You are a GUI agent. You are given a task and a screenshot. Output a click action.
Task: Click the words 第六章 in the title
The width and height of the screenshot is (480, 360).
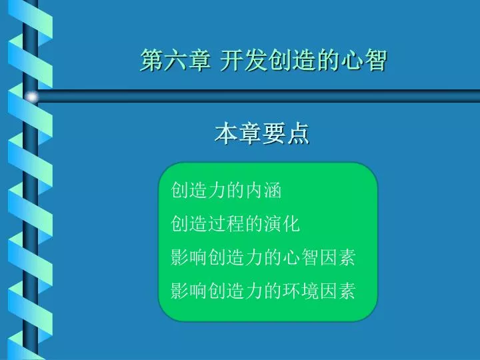[175, 60]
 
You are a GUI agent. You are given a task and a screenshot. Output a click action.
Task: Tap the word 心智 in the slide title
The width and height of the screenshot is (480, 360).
[364, 60]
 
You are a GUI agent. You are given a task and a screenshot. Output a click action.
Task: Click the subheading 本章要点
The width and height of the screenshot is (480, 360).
[262, 133]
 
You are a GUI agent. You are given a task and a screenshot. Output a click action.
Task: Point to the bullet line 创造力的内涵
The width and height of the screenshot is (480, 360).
[226, 190]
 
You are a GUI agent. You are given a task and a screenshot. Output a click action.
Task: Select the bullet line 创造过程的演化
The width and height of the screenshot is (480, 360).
[235, 223]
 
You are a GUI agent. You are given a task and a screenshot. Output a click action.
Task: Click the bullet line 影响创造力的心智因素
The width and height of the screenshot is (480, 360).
[263, 257]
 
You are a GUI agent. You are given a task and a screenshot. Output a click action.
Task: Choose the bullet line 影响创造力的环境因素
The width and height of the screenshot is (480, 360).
[263, 290]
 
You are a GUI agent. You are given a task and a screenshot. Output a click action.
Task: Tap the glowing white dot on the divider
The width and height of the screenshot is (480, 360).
[32, 97]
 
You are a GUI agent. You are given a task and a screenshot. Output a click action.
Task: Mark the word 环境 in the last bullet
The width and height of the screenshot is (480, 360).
[300, 290]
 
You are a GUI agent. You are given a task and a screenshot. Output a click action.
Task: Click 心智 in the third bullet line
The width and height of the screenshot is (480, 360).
[300, 257]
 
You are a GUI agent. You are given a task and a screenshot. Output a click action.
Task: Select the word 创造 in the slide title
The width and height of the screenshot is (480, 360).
[292, 60]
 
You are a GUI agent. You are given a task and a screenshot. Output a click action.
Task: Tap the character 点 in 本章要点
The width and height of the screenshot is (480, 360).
[298, 133]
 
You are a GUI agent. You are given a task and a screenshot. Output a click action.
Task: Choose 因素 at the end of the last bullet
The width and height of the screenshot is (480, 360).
[337, 290]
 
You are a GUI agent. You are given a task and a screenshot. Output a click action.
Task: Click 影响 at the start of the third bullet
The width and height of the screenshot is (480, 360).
[189, 257]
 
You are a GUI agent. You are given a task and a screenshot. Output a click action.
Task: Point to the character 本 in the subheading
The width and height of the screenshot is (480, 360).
[226, 133]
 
